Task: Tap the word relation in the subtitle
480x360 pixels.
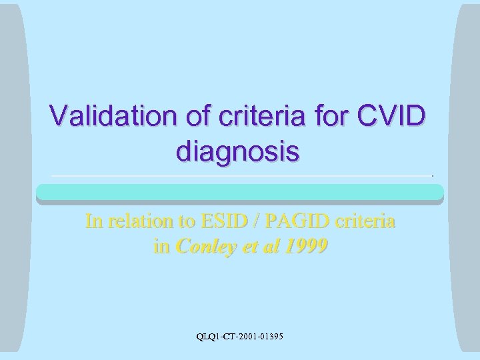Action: [x=137, y=221]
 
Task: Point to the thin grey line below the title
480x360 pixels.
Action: [x=240, y=175]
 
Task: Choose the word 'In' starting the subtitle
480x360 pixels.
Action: [x=93, y=221]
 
